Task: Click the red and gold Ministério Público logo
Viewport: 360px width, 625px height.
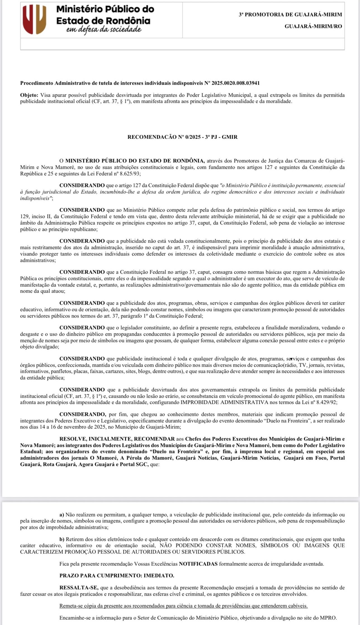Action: tap(34, 20)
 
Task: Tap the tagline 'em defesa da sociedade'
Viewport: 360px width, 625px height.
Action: tap(104, 29)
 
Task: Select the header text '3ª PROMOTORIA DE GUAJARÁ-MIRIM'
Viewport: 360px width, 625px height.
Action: tap(290, 15)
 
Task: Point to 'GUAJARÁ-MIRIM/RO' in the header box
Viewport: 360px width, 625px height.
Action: tap(313, 27)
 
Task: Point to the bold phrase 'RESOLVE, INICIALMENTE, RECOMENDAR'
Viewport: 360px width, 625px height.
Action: tap(117, 439)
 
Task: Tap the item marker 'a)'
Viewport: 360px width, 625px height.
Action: tap(62, 515)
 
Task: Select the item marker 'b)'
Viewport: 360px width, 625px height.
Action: tap(62, 539)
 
